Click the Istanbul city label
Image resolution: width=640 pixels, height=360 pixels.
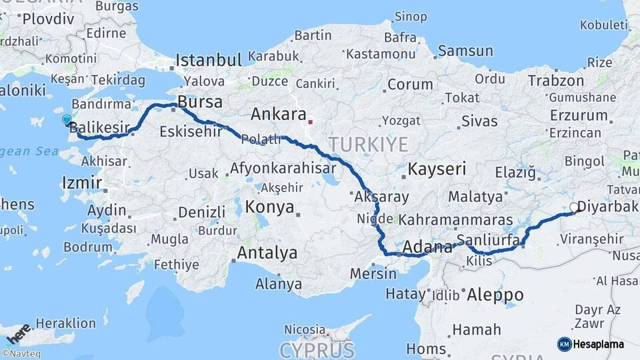[x=208, y=61]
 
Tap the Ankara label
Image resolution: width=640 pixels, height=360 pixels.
[x=278, y=114]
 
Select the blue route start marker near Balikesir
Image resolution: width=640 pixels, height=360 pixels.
[x=67, y=120]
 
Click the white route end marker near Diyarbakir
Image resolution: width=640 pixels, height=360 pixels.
[x=573, y=208]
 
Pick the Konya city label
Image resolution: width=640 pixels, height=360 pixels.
[x=269, y=207]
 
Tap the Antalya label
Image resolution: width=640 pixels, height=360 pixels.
[x=267, y=253]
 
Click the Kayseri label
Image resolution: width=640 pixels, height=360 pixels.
[x=437, y=169]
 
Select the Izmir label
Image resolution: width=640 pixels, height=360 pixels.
[x=81, y=183]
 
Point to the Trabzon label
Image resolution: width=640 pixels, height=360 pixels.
[x=555, y=81]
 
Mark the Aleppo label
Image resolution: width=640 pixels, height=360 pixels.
[x=495, y=294]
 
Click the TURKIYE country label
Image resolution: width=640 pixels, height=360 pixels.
[x=367, y=144]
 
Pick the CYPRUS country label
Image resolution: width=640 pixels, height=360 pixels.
[x=317, y=350]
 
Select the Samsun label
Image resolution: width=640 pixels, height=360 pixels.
[x=465, y=51]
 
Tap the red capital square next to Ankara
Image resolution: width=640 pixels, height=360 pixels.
[x=310, y=122]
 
